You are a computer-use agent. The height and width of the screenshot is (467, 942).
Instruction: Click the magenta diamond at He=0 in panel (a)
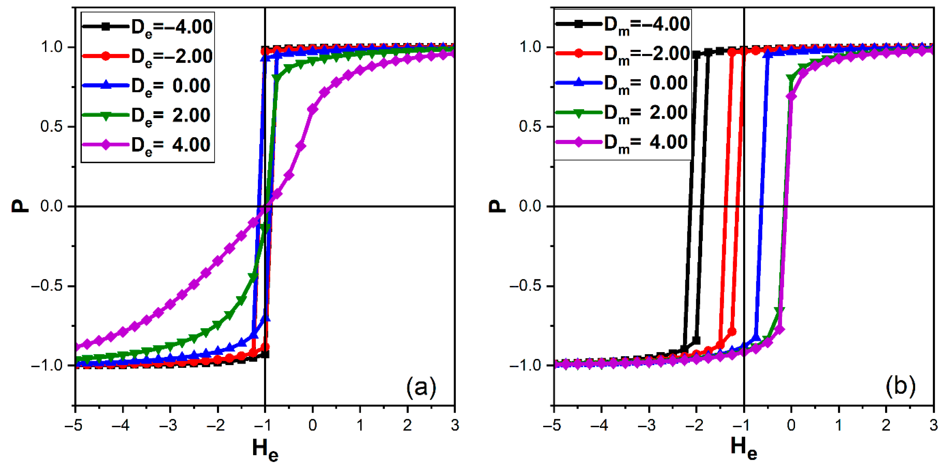coord(312,109)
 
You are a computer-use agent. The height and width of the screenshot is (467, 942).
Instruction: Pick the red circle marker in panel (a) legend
coord(105,56)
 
